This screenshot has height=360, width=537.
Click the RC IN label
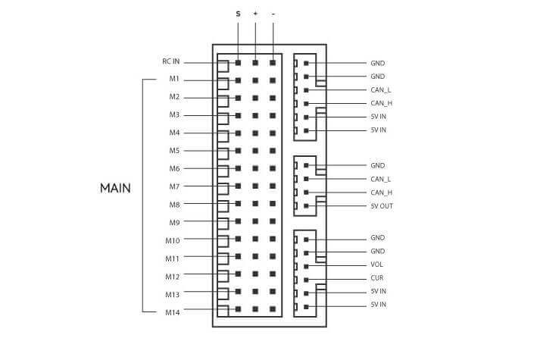tap(170, 62)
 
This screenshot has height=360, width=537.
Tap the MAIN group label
tap(115, 187)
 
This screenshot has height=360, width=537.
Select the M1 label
tap(174, 80)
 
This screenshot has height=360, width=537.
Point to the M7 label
tap(174, 186)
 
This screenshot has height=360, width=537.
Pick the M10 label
tap(173, 240)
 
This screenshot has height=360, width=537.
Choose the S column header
tap(239, 13)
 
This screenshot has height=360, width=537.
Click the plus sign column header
tap(255, 13)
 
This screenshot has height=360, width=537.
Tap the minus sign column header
tap(273, 13)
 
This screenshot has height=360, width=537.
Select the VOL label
tap(377, 265)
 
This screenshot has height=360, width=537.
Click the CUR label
tap(377, 278)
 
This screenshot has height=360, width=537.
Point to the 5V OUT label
tap(382, 206)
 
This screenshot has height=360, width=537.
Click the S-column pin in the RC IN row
tap(239, 63)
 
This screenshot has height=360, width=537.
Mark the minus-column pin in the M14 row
tap(273, 309)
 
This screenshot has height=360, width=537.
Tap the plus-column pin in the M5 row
tap(255, 151)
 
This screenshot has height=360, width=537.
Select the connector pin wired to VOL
tap(306, 266)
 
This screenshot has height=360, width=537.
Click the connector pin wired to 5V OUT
tap(306, 206)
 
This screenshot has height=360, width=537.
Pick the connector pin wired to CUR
tap(306, 280)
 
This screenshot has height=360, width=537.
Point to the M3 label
tap(174, 115)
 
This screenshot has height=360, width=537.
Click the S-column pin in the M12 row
tap(239, 274)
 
